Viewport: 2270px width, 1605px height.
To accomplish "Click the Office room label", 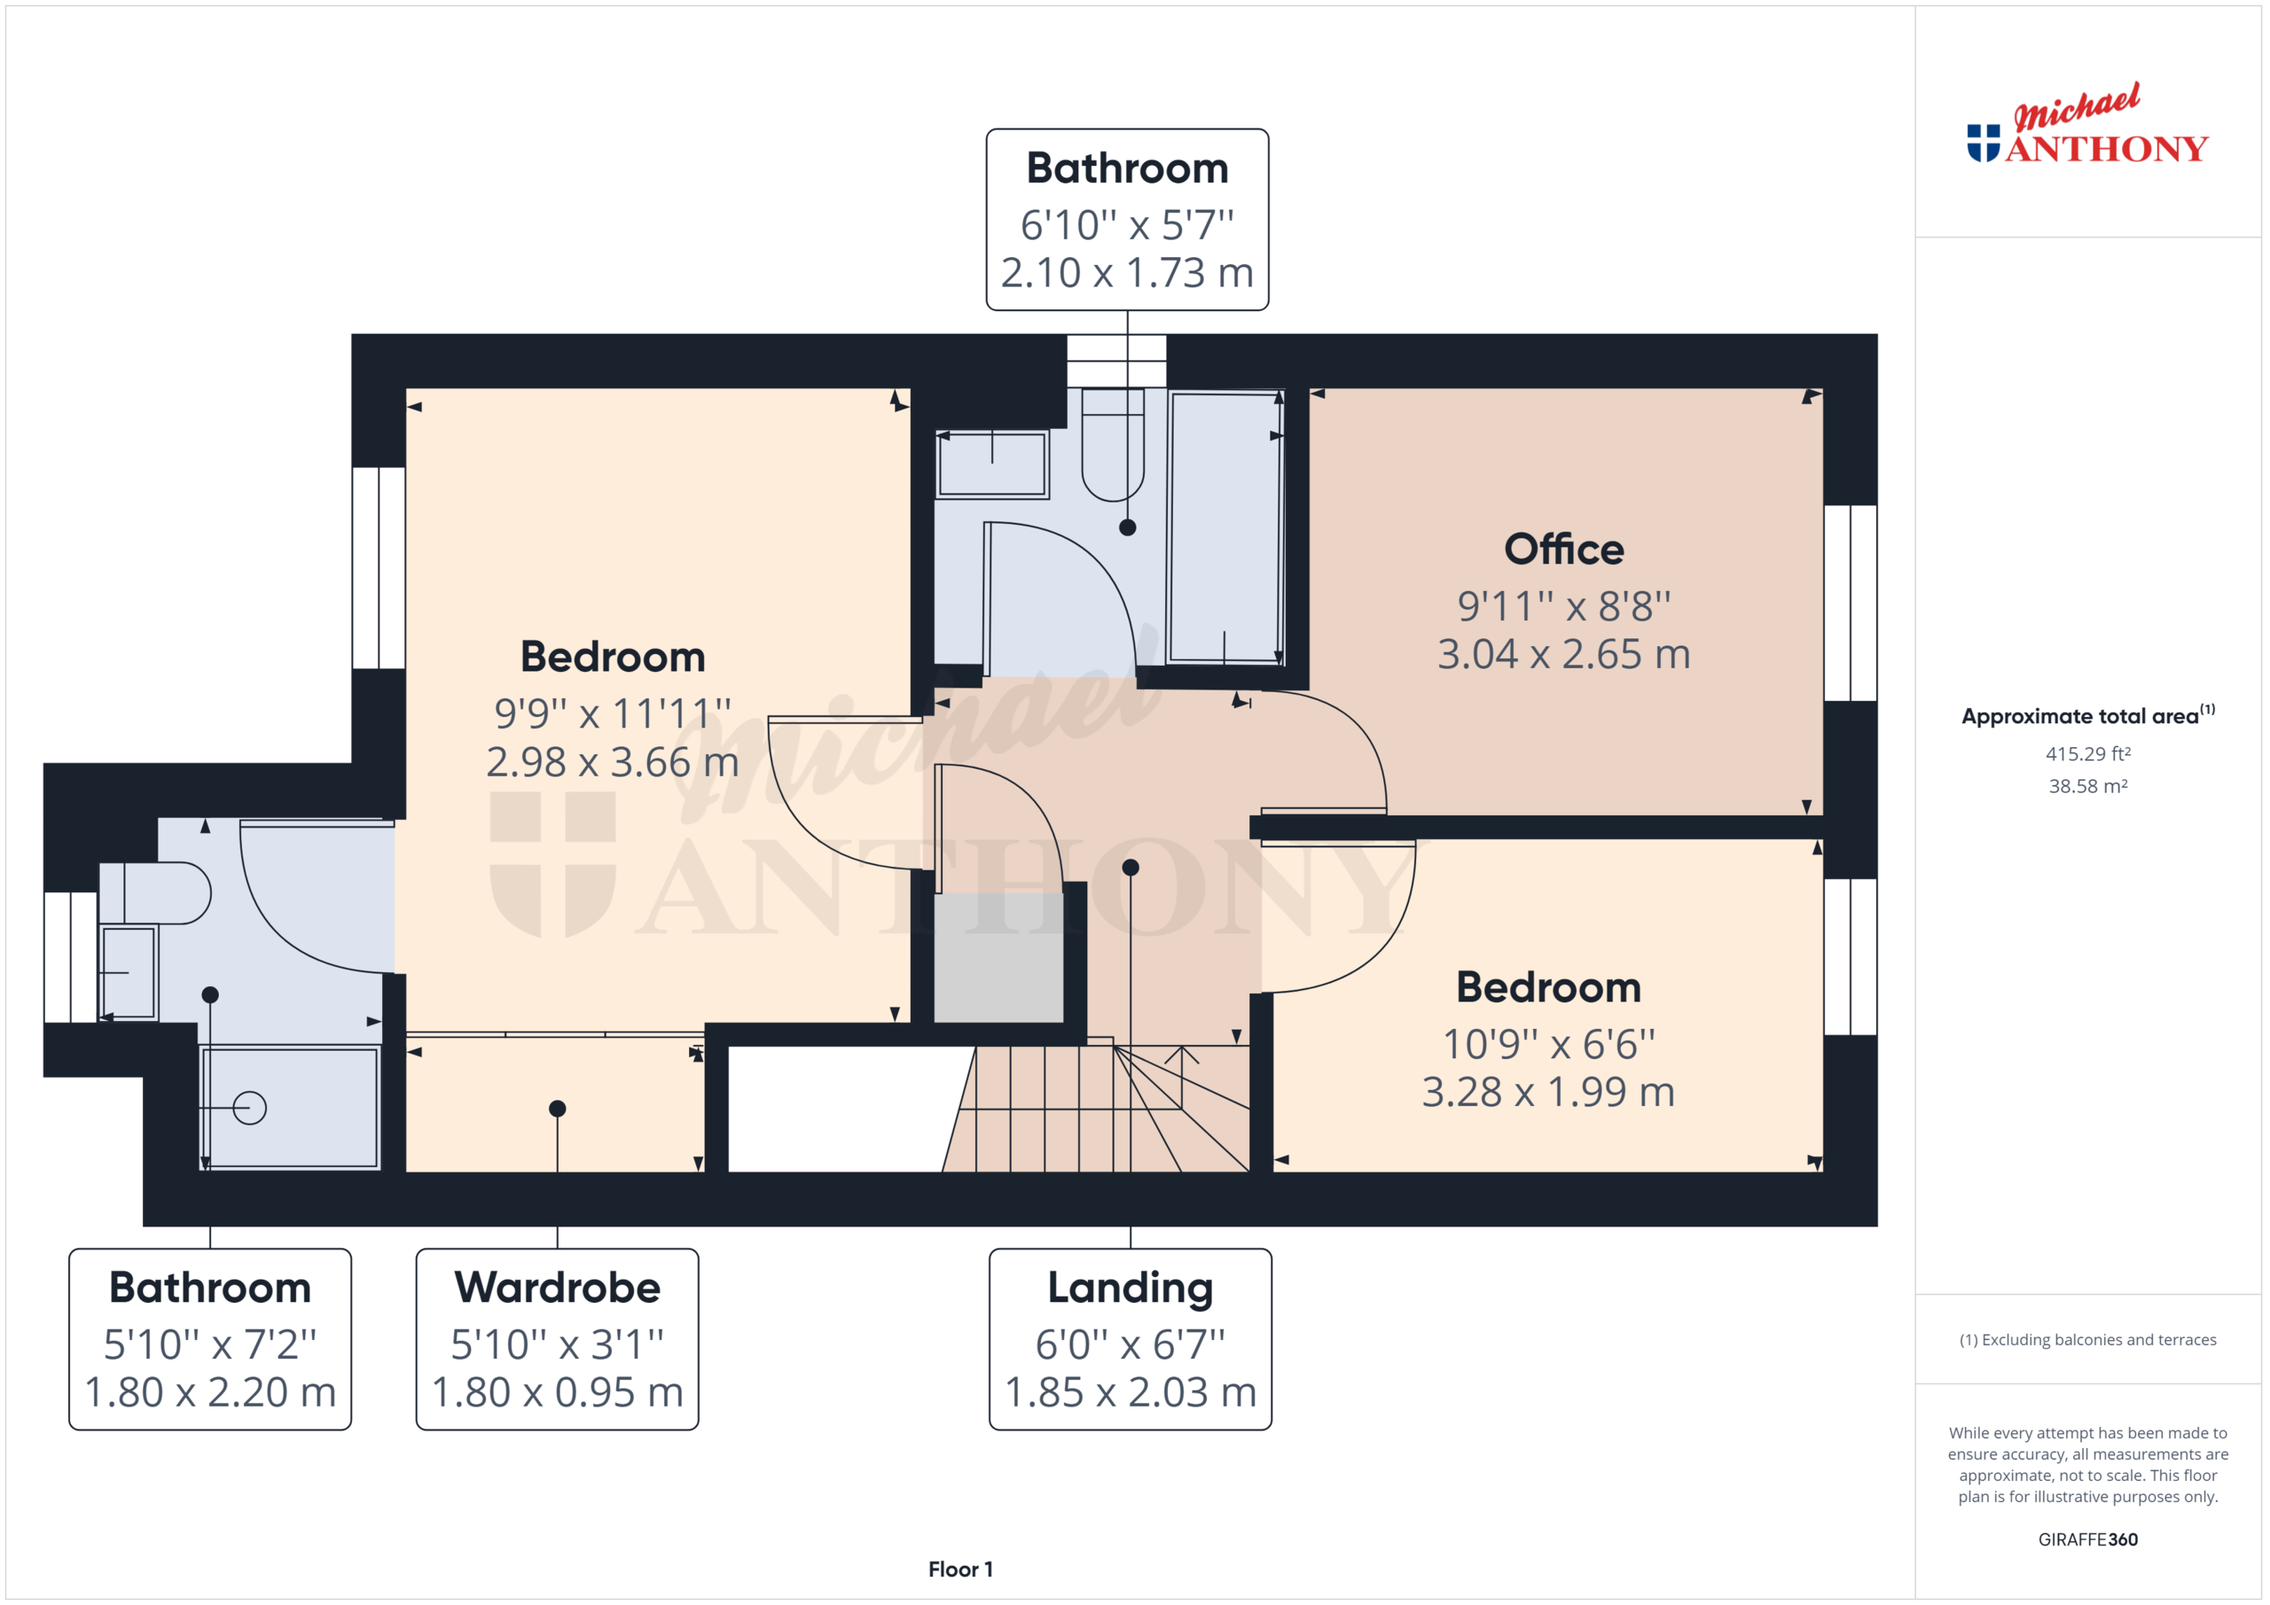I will pos(1563,549).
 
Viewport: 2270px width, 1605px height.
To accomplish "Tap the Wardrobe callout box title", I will pos(557,1287).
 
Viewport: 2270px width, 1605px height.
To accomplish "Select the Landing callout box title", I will pos(1130,1287).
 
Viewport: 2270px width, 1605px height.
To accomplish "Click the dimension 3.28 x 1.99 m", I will pos(1548,1092).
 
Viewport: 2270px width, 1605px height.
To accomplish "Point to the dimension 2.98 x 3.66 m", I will pos(612,762).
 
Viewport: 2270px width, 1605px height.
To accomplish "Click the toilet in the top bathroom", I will pos(1112,449).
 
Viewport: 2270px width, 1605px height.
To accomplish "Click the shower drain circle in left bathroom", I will pos(249,1108).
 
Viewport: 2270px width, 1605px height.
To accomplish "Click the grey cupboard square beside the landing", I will pos(998,956).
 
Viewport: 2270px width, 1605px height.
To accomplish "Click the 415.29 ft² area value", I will pos(2087,754).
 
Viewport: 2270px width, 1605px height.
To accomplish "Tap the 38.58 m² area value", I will pos(2087,787).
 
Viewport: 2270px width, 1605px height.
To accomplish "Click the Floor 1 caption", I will pos(960,1570).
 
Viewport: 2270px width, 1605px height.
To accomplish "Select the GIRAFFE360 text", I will pos(2087,1539).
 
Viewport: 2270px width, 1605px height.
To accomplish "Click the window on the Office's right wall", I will pos(1850,603).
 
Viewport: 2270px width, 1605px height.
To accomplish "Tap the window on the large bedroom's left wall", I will pos(379,567).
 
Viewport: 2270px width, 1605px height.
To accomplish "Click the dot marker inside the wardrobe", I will pos(558,1109).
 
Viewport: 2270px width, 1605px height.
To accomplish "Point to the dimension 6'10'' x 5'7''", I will pos(1127,225).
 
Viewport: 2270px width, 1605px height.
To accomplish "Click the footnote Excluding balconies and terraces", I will pos(2087,1340).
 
